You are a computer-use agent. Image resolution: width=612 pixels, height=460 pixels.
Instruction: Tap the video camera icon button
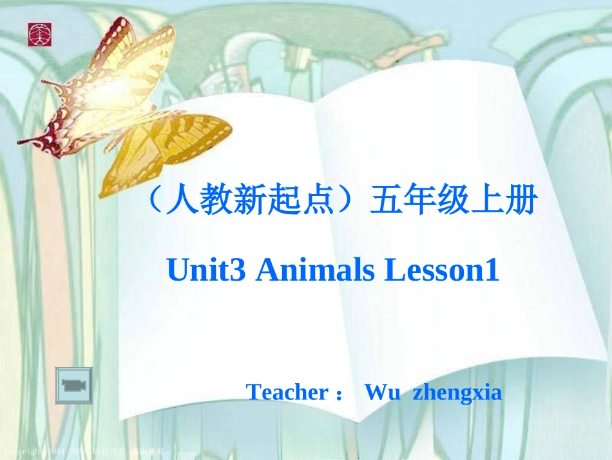tap(73, 386)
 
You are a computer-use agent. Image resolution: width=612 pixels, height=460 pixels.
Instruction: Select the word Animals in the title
tap(316, 271)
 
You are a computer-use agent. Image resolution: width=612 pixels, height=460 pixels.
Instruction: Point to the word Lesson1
tap(442, 271)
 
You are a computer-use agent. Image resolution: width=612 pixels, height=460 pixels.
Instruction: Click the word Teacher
tap(287, 392)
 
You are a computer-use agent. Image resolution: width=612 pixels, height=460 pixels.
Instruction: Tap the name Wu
tap(379, 392)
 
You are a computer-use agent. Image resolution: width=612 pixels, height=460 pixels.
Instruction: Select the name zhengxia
tap(457, 392)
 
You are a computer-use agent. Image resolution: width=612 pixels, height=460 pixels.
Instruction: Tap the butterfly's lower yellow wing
tap(161, 148)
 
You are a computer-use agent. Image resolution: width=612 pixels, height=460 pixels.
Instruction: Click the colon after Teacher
tap(339, 394)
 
